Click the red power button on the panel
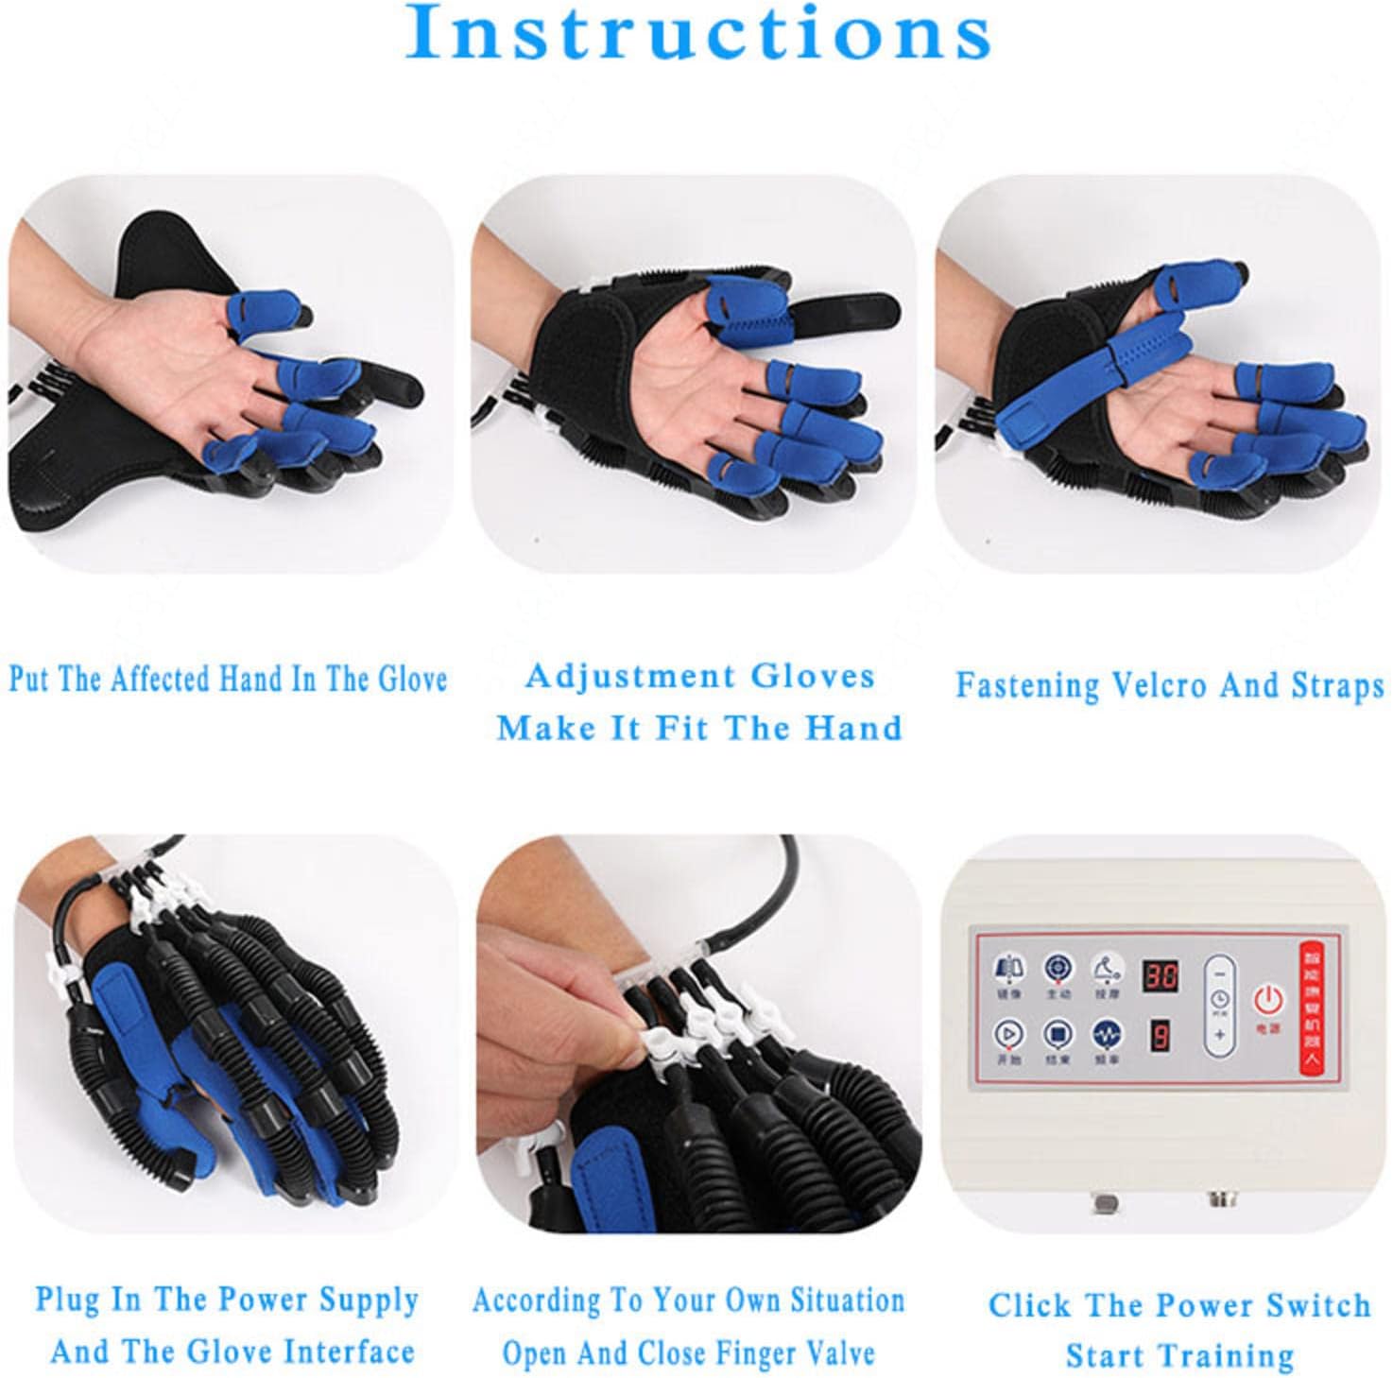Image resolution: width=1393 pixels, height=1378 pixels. [x=1267, y=998]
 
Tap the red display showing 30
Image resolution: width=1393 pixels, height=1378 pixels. [x=1161, y=976]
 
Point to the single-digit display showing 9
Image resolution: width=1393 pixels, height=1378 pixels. [x=1160, y=1037]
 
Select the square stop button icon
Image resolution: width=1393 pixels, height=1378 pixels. [x=1058, y=1034]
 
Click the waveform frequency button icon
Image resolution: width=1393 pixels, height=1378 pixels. [x=1105, y=1034]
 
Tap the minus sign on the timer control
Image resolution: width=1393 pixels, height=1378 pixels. [x=1220, y=972]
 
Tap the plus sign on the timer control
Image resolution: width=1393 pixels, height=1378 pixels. [x=1220, y=1034]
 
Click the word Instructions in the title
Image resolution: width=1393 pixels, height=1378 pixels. [x=697, y=34]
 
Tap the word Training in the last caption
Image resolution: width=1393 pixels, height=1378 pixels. [x=1225, y=1355]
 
